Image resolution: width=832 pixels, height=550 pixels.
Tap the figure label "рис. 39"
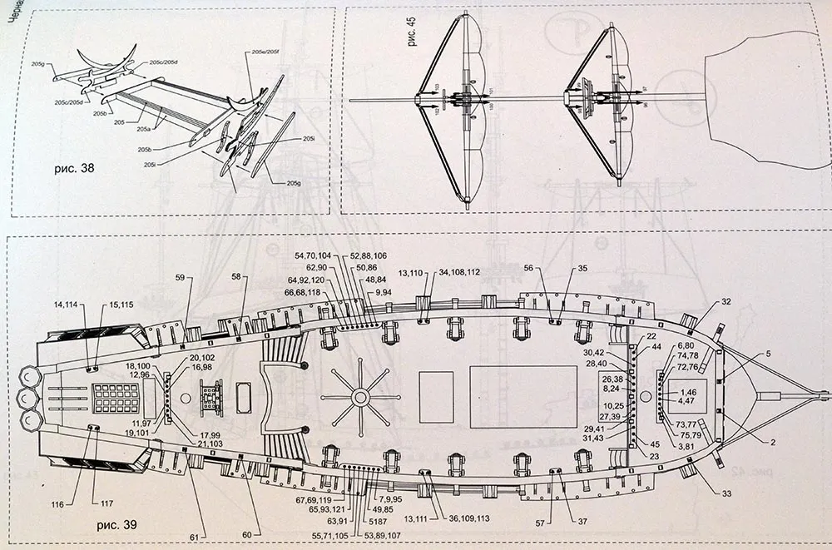116,525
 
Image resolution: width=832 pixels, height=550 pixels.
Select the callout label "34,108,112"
459,272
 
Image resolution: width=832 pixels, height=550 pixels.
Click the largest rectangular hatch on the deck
522,397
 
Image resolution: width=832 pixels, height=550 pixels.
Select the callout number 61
193,538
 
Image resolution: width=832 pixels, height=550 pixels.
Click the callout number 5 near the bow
767,354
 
